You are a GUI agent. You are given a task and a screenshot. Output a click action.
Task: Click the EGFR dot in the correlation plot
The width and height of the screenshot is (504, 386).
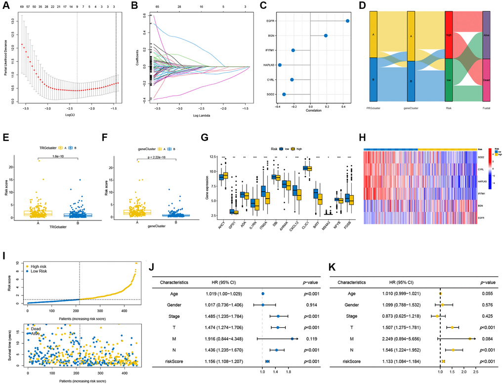click(x=348, y=21)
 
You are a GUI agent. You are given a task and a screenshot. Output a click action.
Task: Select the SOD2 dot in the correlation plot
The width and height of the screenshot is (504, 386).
click(x=284, y=94)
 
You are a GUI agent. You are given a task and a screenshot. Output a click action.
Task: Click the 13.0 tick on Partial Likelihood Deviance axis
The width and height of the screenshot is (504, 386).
click(x=14, y=22)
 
